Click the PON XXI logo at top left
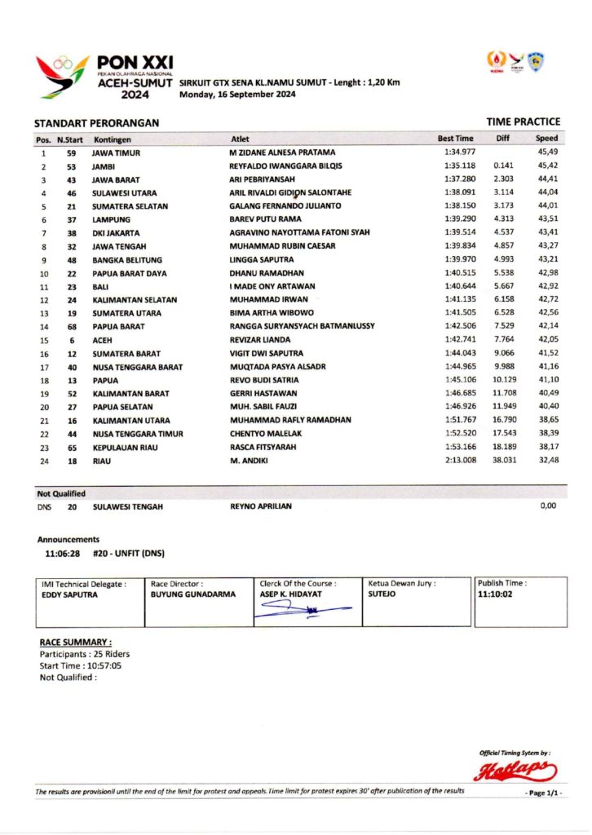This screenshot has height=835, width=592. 104,76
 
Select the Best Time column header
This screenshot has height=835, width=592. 455,139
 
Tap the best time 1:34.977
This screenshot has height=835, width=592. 458,152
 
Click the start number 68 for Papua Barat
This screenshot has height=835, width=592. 72,327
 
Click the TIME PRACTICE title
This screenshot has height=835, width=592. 523,122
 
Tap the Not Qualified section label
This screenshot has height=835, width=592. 61,493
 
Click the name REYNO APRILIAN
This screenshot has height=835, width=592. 261,506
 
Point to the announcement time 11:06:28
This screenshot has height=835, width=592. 62,554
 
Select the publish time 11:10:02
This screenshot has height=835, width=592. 496,595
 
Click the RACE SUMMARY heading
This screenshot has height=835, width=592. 76,643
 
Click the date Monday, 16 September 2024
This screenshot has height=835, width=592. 236,95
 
